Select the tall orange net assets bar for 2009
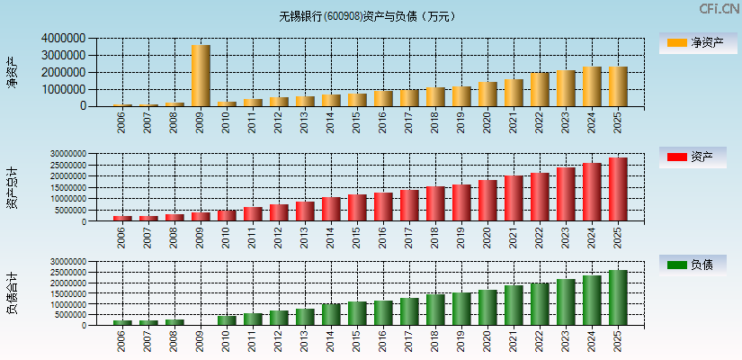[201, 76]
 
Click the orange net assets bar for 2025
[618, 86]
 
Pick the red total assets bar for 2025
[618, 189]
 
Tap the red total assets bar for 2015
[357, 207]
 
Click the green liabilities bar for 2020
[487, 307]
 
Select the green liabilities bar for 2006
[122, 322]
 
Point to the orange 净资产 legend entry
[692, 42]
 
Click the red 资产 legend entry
[692, 157]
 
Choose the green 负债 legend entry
[692, 265]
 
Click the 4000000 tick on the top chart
[64, 39]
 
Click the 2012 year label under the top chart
[279, 122]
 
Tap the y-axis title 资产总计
[12, 188]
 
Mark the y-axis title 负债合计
[12, 293]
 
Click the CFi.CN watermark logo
[719, 9]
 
